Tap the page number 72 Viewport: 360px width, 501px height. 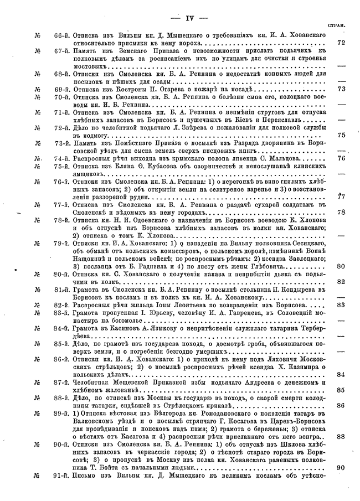(341, 42)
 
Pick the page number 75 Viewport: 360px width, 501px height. (341, 135)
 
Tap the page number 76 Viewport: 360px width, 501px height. (341, 158)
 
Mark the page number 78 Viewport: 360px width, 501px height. (341, 211)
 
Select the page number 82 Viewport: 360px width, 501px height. (341, 281)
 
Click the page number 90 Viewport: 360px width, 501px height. (341, 467)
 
